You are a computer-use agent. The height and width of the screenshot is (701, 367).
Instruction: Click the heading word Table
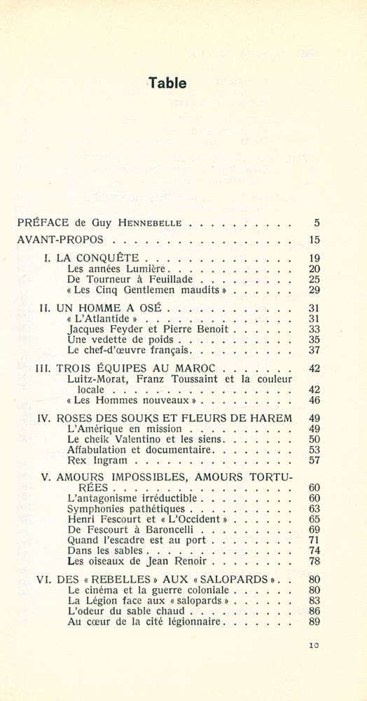pos(167,83)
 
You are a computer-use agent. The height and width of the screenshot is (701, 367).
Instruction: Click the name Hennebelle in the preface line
pos(153,224)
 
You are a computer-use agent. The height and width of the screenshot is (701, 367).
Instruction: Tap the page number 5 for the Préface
pos(317,224)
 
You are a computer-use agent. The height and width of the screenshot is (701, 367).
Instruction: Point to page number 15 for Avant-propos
pos(314,240)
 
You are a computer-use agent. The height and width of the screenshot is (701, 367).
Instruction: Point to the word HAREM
pos(270,418)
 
